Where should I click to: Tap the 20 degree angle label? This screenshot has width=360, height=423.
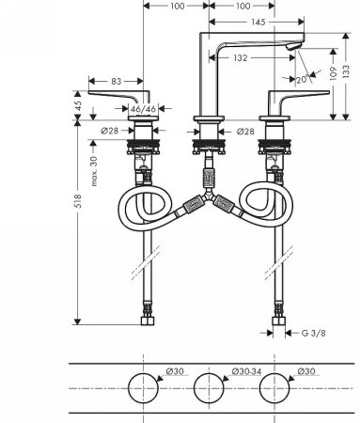pos(301,81)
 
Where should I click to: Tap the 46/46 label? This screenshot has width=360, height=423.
pos(143,111)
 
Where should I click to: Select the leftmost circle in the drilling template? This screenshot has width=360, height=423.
pos(144,388)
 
